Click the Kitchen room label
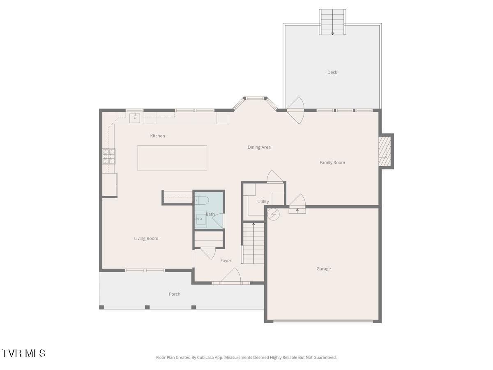(x=157, y=136)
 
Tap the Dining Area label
(x=259, y=147)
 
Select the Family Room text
(x=332, y=162)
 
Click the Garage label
(x=323, y=269)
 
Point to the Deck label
(x=332, y=72)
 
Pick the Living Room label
(x=146, y=238)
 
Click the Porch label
(x=174, y=294)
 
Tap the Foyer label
(x=226, y=261)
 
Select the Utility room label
(x=263, y=201)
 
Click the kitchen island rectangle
(x=172, y=158)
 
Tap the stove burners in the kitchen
(x=109, y=156)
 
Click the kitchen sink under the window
(x=135, y=118)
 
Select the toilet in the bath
(x=202, y=201)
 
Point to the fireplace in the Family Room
(x=383, y=151)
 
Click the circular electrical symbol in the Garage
(x=273, y=214)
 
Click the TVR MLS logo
(x=23, y=353)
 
